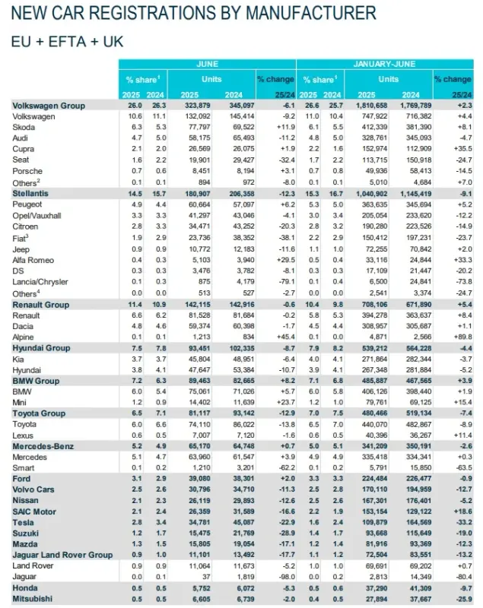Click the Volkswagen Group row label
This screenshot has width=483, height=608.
tap(49, 106)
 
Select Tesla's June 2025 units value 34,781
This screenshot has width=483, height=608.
tap(199, 522)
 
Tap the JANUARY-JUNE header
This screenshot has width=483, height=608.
tap(384, 64)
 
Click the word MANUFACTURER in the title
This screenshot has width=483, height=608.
tap(311, 13)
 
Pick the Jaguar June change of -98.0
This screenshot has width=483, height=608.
tap(287, 577)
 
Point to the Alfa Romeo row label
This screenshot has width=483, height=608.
tap(33, 260)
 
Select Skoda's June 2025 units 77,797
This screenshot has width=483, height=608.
tap(199, 127)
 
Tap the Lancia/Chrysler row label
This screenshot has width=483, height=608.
tap(40, 282)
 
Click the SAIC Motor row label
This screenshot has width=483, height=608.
tap(34, 511)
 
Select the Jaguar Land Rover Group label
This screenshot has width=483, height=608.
tap(62, 555)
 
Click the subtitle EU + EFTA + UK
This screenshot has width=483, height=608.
tap(67, 42)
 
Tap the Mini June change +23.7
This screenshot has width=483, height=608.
tap(286, 402)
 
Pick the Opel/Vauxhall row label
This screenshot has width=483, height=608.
tap(37, 216)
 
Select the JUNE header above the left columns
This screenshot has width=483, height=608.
tap(207, 64)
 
